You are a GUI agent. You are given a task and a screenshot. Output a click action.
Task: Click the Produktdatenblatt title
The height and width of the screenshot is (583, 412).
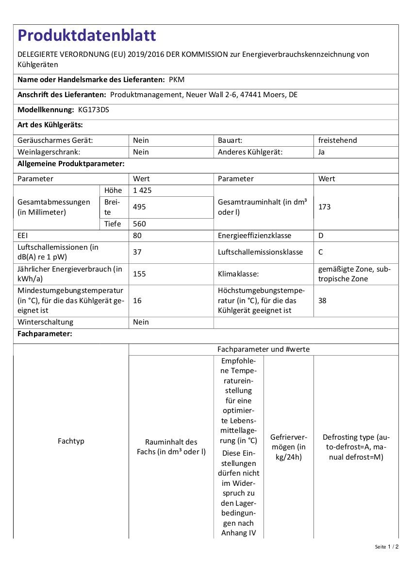tap(87, 35)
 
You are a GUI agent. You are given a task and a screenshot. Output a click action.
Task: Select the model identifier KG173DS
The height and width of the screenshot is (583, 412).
tap(94, 110)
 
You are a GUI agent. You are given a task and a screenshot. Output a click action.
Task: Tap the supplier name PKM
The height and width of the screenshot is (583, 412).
tap(177, 79)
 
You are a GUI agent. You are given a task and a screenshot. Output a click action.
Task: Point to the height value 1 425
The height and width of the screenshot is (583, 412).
tap(142, 190)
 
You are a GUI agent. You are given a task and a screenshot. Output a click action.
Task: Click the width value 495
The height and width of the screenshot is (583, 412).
tap(139, 207)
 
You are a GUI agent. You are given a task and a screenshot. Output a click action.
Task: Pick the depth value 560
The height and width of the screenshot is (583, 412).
tap(139, 224)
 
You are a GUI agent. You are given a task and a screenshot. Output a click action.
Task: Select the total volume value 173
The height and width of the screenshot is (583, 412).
tap(325, 207)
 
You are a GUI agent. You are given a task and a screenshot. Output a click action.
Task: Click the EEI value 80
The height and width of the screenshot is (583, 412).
tap(137, 236)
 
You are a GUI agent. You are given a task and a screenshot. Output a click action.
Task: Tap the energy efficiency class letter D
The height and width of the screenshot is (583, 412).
tap(321, 236)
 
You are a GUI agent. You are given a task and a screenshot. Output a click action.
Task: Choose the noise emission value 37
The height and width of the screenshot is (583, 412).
tap(137, 252)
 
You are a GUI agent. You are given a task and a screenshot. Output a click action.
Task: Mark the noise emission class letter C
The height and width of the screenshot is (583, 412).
tap(321, 252)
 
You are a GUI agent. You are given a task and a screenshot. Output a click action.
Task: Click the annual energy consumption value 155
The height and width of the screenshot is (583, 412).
tap(139, 274)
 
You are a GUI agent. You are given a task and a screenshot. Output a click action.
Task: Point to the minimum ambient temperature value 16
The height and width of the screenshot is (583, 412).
tap(137, 301)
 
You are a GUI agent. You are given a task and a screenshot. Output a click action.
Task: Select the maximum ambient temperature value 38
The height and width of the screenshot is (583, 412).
tap(322, 301)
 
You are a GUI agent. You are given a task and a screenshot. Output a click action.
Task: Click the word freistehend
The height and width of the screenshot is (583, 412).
tap(337, 140)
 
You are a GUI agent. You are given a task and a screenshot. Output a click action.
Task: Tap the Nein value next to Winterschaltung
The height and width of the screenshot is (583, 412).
tap(141, 322)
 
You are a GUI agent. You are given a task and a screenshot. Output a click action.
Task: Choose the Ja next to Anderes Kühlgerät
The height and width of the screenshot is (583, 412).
tap(322, 152)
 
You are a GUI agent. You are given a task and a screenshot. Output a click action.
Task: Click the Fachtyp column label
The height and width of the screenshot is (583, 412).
tap(71, 441)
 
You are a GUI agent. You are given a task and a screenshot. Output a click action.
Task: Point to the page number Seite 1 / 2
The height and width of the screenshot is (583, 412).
tap(386, 547)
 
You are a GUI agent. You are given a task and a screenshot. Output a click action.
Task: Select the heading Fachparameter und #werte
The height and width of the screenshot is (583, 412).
tap(263, 349)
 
